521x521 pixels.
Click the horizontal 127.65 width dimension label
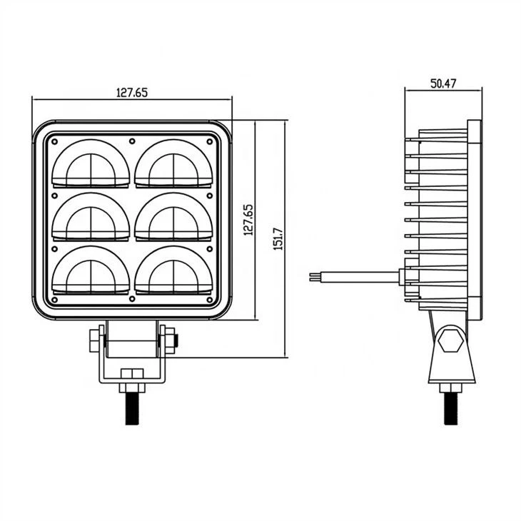pyautogui.click(x=132, y=92)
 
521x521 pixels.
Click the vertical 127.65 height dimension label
pyautogui.click(x=248, y=220)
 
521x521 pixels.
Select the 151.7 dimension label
pyautogui.click(x=278, y=239)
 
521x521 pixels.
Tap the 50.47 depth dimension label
pyautogui.click(x=443, y=84)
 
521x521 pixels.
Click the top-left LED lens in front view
pyautogui.click(x=91, y=163)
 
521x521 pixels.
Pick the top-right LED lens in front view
pyautogui.click(x=173, y=163)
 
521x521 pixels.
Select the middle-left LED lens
pyautogui.click(x=91, y=217)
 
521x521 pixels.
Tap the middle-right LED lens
pyautogui.click(x=173, y=217)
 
